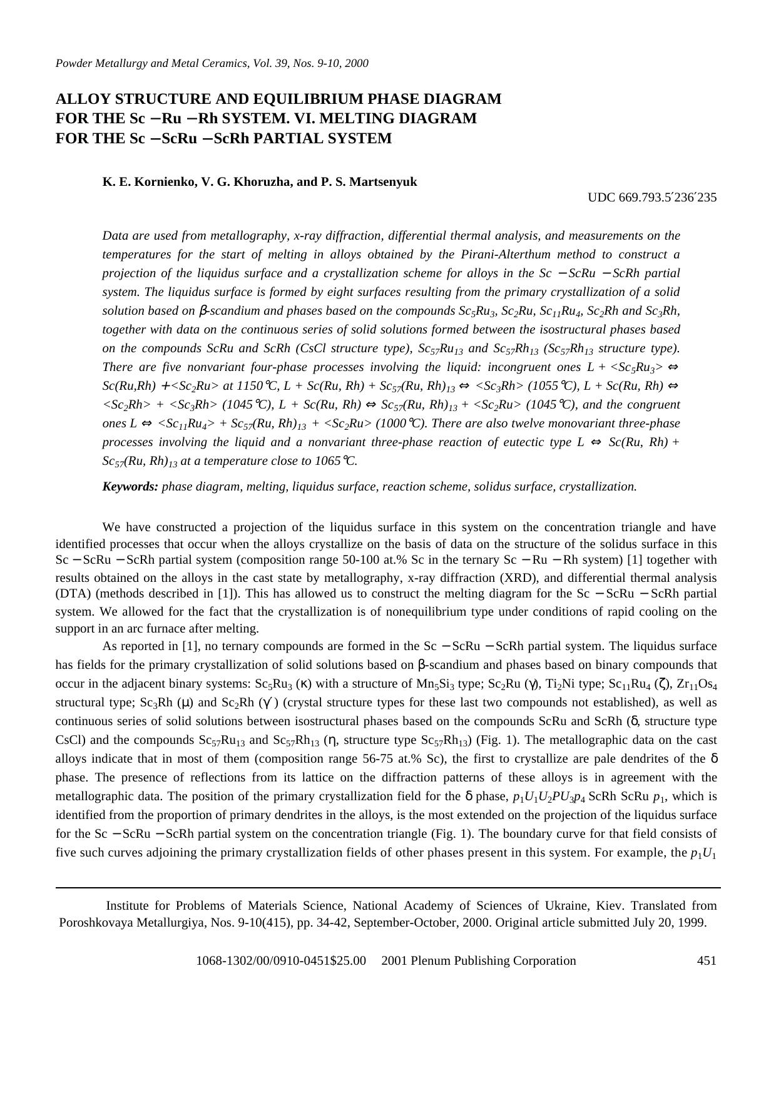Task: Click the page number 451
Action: (x=707, y=960)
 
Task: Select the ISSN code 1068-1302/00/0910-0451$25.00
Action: (x=280, y=960)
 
